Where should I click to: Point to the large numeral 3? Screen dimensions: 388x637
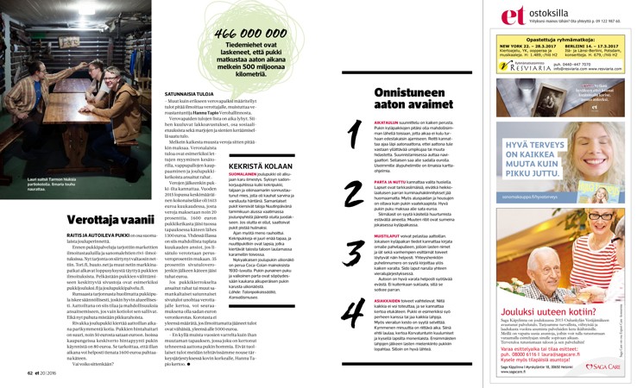(354, 253)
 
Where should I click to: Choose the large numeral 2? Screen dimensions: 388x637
(354, 191)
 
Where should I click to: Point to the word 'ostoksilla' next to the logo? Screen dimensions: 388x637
(545, 14)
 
